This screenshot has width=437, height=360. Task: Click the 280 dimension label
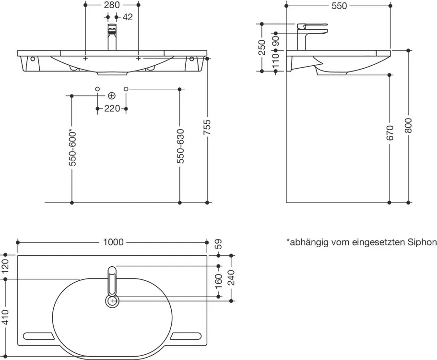coord(111,5)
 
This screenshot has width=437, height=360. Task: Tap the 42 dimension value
coord(127,17)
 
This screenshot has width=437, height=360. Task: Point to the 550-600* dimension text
coord(72,148)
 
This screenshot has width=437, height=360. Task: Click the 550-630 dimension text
coord(180,146)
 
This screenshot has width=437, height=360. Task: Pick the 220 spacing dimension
coord(112,109)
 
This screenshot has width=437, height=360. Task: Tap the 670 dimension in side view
coord(390,133)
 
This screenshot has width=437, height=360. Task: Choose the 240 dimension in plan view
coord(232,277)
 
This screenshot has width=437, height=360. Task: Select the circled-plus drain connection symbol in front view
coord(112,95)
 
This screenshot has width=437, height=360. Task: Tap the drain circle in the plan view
coord(112,301)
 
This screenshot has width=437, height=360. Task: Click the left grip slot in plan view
coord(38,335)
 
